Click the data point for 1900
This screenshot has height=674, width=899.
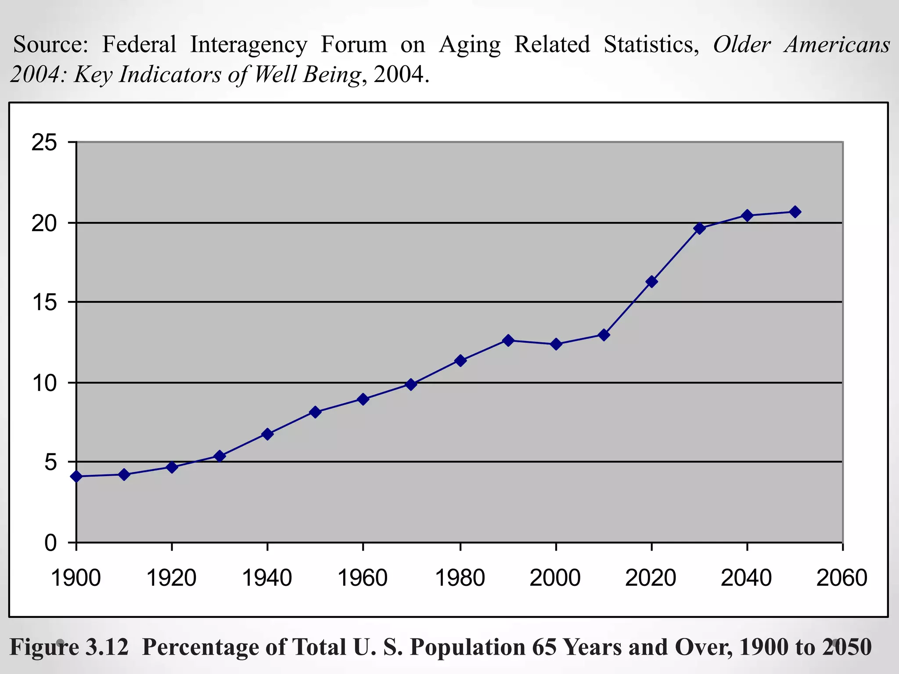[x=77, y=476]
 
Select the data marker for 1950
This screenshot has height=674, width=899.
[x=315, y=412]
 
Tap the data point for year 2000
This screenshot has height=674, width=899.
[x=556, y=344]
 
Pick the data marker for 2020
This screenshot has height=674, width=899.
[x=651, y=282]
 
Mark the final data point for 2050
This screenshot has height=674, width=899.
[x=795, y=212]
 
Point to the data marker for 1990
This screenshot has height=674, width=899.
[x=508, y=340]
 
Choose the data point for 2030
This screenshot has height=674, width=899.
[x=699, y=228]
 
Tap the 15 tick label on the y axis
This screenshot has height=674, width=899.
[x=44, y=302]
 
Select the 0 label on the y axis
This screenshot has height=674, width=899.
[x=50, y=543]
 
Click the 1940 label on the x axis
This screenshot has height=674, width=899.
[x=267, y=578]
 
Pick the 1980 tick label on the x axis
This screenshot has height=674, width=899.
[x=460, y=578]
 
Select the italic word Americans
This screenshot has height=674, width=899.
[x=837, y=44]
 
